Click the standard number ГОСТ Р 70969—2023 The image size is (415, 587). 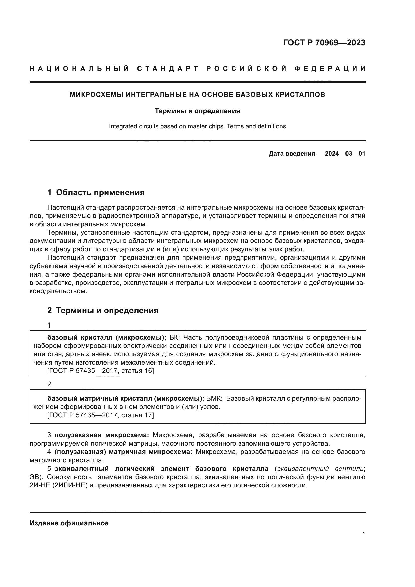pos(324,43)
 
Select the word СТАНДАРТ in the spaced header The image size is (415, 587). pos(168,69)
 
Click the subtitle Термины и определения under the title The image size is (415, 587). pos(197,111)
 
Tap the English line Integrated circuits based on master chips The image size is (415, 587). pos(197,126)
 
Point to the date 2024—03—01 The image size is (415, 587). pos(345,154)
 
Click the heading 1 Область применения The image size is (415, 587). pos(96,192)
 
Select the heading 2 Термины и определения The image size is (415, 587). pos(103,311)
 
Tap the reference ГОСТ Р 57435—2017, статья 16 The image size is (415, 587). pos(101,371)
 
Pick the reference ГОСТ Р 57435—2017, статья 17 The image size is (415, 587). pos(101,415)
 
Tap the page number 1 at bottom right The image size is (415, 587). pos(363,534)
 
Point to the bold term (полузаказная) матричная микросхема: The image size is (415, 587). pos(123,452)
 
